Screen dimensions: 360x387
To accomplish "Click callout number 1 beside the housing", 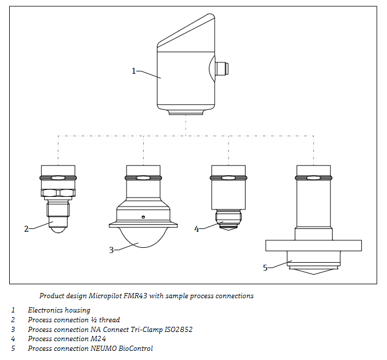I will click(134, 71).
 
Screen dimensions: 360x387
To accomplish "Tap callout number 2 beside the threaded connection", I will click(26, 229).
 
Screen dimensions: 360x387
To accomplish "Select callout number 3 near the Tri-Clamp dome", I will click(112, 250).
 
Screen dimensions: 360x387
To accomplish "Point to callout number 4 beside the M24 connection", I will click(196, 229).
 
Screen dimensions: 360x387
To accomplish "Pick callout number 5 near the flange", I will click(265, 267).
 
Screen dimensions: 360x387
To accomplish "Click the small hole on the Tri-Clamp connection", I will click(143, 217).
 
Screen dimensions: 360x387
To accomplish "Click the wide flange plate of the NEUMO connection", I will click(313, 246).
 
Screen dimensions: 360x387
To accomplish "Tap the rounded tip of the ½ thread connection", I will click(58, 228).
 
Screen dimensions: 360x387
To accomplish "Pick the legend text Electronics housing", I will click(59, 310).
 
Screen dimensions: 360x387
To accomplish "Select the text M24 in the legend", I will click(98, 339).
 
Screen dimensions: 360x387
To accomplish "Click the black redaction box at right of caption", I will click(370, 290).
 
